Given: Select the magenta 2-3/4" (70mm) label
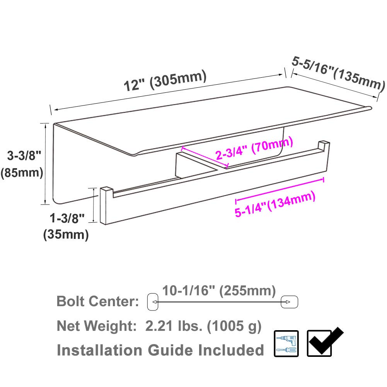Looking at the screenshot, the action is [x=254, y=149].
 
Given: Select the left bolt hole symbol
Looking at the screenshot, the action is [x=153, y=302].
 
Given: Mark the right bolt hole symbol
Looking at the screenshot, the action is [x=289, y=301].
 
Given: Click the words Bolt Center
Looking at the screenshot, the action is [x=98, y=301].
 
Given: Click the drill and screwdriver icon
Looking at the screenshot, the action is [x=286, y=343].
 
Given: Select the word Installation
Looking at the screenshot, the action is [x=99, y=350].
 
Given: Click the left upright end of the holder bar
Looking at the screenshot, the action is [x=106, y=206].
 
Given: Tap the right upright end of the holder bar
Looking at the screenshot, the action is [x=324, y=148].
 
